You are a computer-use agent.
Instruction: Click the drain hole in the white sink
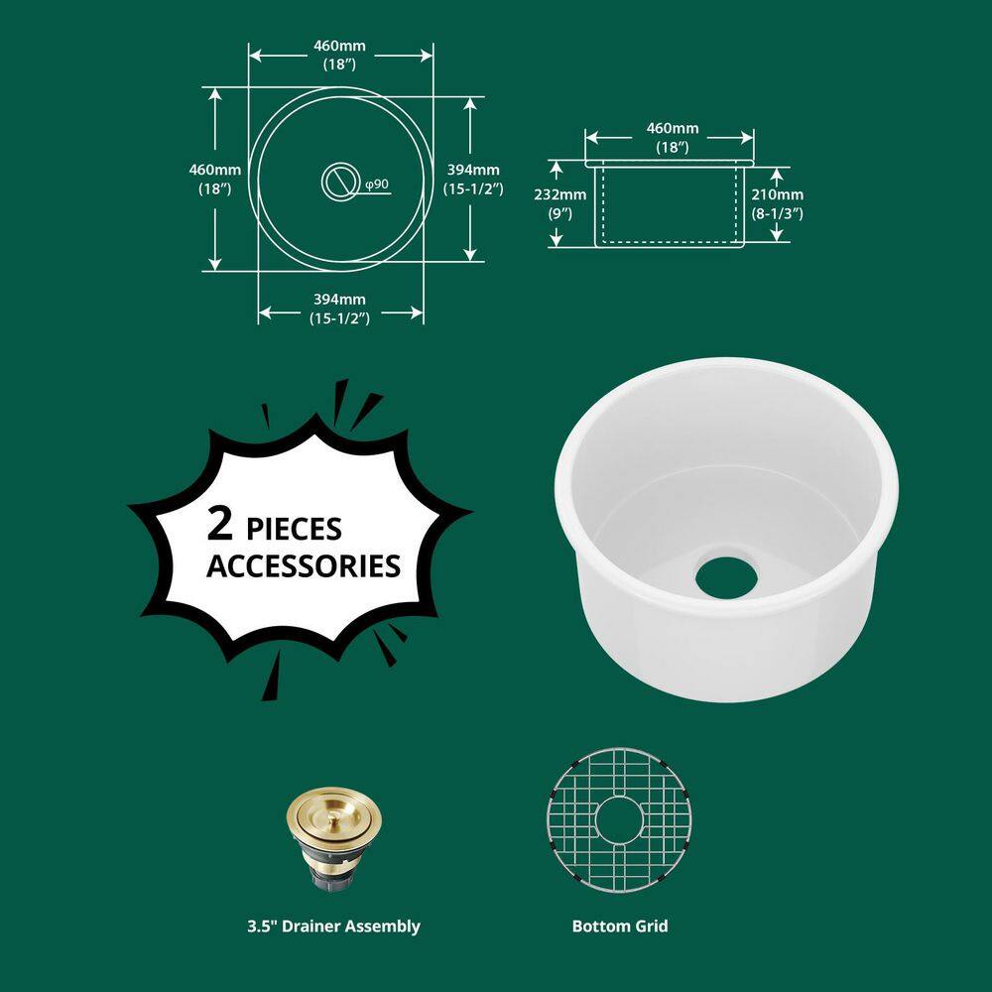(x=726, y=577)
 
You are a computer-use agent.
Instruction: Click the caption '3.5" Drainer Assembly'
(x=333, y=927)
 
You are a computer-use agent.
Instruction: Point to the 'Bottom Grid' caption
(x=620, y=927)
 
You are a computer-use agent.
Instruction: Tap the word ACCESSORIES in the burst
(x=303, y=566)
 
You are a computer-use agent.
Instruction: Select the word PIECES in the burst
(x=296, y=528)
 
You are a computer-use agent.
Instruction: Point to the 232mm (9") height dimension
(x=566, y=203)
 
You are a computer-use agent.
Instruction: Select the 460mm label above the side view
(x=672, y=137)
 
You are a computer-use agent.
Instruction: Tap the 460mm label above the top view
(x=339, y=55)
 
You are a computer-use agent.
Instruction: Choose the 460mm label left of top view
(x=214, y=178)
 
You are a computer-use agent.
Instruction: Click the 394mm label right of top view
(x=472, y=178)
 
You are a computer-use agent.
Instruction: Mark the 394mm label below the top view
(x=339, y=308)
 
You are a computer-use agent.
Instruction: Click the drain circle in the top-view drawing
(x=340, y=180)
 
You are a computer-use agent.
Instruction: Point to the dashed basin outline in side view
(x=670, y=240)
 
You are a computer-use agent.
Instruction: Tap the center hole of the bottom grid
(x=619, y=823)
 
